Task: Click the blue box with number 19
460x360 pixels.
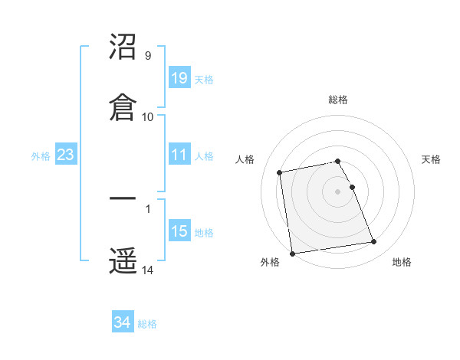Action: coord(179,77)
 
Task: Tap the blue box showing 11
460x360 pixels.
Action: coord(179,155)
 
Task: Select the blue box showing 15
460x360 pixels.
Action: coord(179,231)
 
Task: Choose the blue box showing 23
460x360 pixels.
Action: coord(66,155)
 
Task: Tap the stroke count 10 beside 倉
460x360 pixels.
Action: coord(148,116)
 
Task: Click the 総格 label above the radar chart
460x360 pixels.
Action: coord(338,100)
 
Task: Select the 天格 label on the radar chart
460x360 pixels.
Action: coord(432,159)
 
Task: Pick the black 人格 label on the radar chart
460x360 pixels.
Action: coord(245,159)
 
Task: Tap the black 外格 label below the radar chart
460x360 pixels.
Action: coord(270,263)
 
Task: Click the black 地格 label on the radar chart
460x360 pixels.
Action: coord(402,263)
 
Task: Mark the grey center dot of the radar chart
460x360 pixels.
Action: coord(338,191)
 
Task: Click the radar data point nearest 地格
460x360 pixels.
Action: coord(373,242)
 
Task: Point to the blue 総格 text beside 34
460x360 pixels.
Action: coord(147,324)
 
